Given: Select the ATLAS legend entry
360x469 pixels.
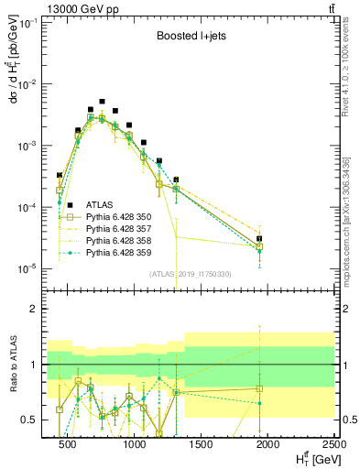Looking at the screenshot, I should coord(100,204).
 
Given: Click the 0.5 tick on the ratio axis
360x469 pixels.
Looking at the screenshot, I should coord(32,420).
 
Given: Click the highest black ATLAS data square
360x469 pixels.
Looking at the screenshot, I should coord(102,102).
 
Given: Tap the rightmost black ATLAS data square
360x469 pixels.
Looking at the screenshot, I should coord(259,239).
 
